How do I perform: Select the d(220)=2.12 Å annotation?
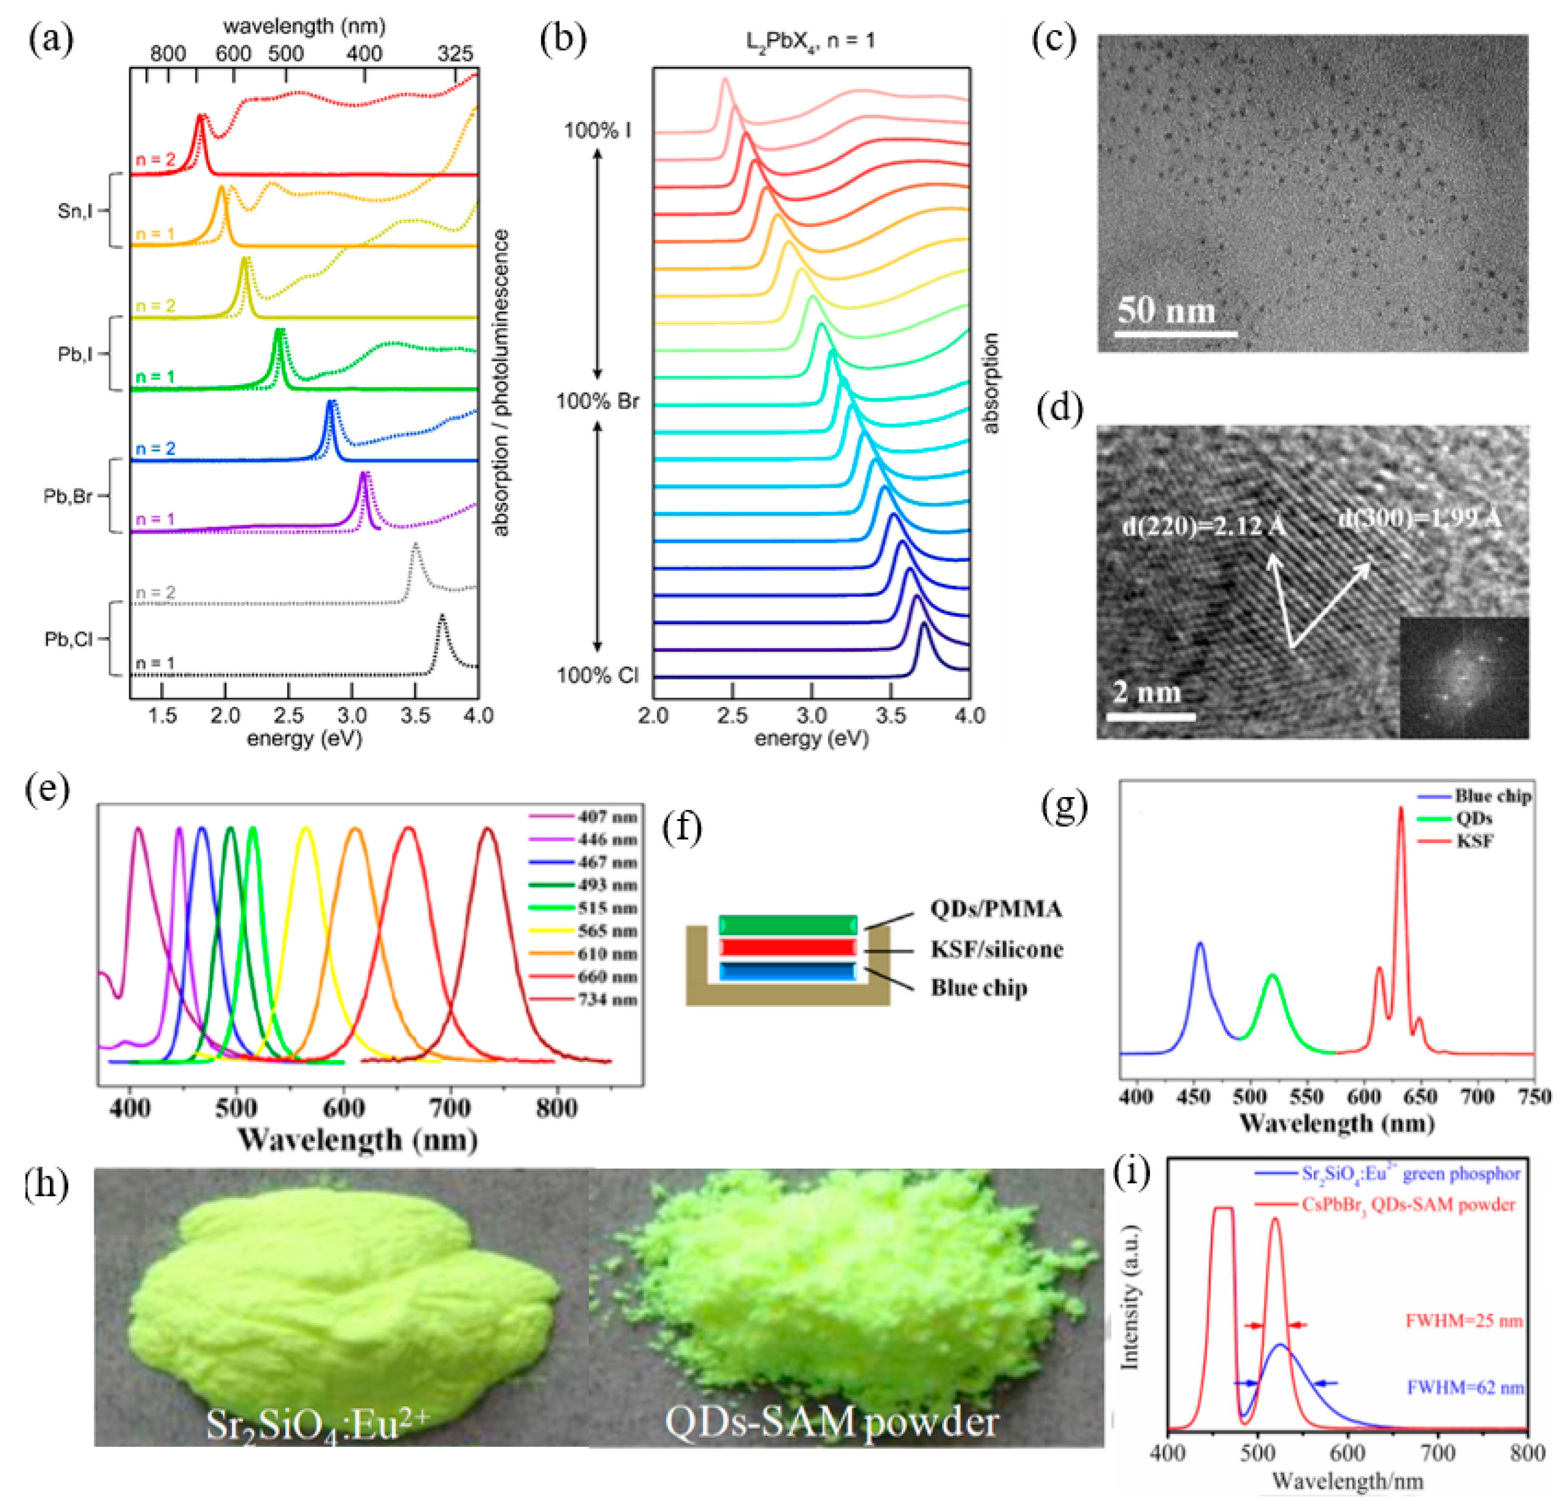pyautogui.click(x=1204, y=526)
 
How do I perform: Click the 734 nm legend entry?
pyautogui.click(x=607, y=999)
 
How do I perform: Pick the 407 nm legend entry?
pyautogui.click(x=607, y=816)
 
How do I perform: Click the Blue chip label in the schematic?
pyautogui.click(x=979, y=988)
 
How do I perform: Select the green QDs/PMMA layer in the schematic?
pyautogui.click(x=788, y=925)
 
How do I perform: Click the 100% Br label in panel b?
pyautogui.click(x=598, y=401)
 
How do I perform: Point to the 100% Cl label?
pyautogui.click(x=598, y=676)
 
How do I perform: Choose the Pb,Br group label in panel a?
pyautogui.click(x=68, y=496)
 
